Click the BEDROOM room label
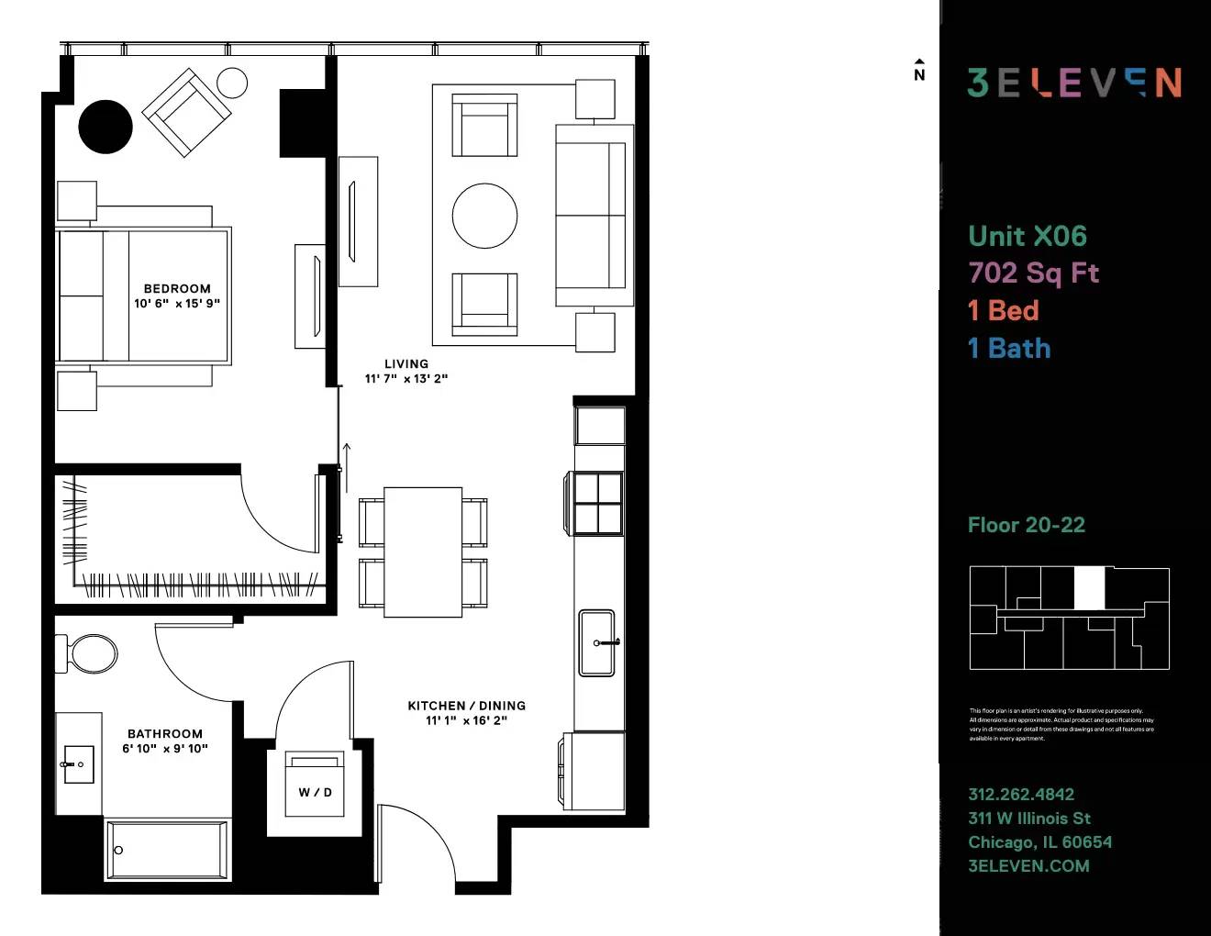pos(177,288)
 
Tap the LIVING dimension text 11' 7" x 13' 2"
pos(406,378)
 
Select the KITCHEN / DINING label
pos(466,706)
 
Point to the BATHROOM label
pos(165,733)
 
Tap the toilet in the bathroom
pos(92,654)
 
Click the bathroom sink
pos(79,763)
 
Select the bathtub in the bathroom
pos(167,850)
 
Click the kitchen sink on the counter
pos(597,642)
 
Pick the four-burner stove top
pos(598,503)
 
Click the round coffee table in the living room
pos(484,216)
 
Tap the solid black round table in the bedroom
pos(106,127)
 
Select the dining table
pos(423,552)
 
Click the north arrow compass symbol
pos(919,71)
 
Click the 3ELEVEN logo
pos(1074,83)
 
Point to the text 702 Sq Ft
pos(1034,273)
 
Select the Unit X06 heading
pos(1028,236)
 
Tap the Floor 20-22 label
pos(1027,525)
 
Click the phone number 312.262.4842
pos(1021,794)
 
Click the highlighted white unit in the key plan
pos(1089,588)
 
